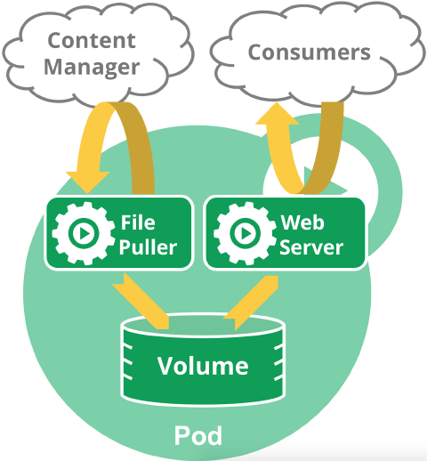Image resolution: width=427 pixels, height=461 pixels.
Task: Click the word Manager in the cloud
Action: click(93, 67)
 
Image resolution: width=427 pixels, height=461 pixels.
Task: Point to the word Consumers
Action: click(309, 52)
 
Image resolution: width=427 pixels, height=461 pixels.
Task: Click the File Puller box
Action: click(119, 232)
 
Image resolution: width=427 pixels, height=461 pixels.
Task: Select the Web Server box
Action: click(284, 232)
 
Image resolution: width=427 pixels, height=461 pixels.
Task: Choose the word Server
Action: click(310, 246)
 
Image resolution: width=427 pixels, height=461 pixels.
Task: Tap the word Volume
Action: click(203, 365)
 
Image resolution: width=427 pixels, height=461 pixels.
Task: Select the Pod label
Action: click(197, 436)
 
